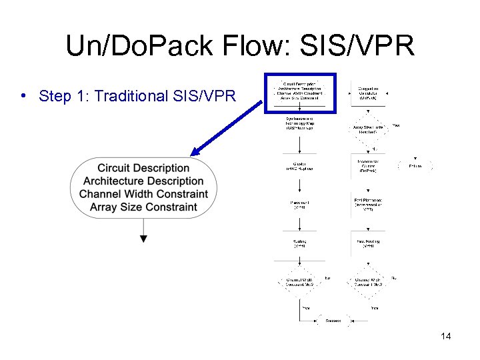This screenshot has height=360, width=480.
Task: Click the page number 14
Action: click(446, 337)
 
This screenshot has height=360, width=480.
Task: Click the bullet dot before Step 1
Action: click(23, 95)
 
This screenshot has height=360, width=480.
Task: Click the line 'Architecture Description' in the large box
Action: click(143, 181)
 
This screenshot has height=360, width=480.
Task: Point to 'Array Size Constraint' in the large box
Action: click(143, 207)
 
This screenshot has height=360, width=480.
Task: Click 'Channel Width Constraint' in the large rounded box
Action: click(143, 194)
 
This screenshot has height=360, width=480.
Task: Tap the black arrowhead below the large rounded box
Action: click(143, 238)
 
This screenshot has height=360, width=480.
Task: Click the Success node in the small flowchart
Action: click(333, 321)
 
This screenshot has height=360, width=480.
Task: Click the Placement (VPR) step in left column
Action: click(299, 205)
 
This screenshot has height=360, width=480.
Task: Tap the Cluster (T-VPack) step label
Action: click(299, 167)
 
